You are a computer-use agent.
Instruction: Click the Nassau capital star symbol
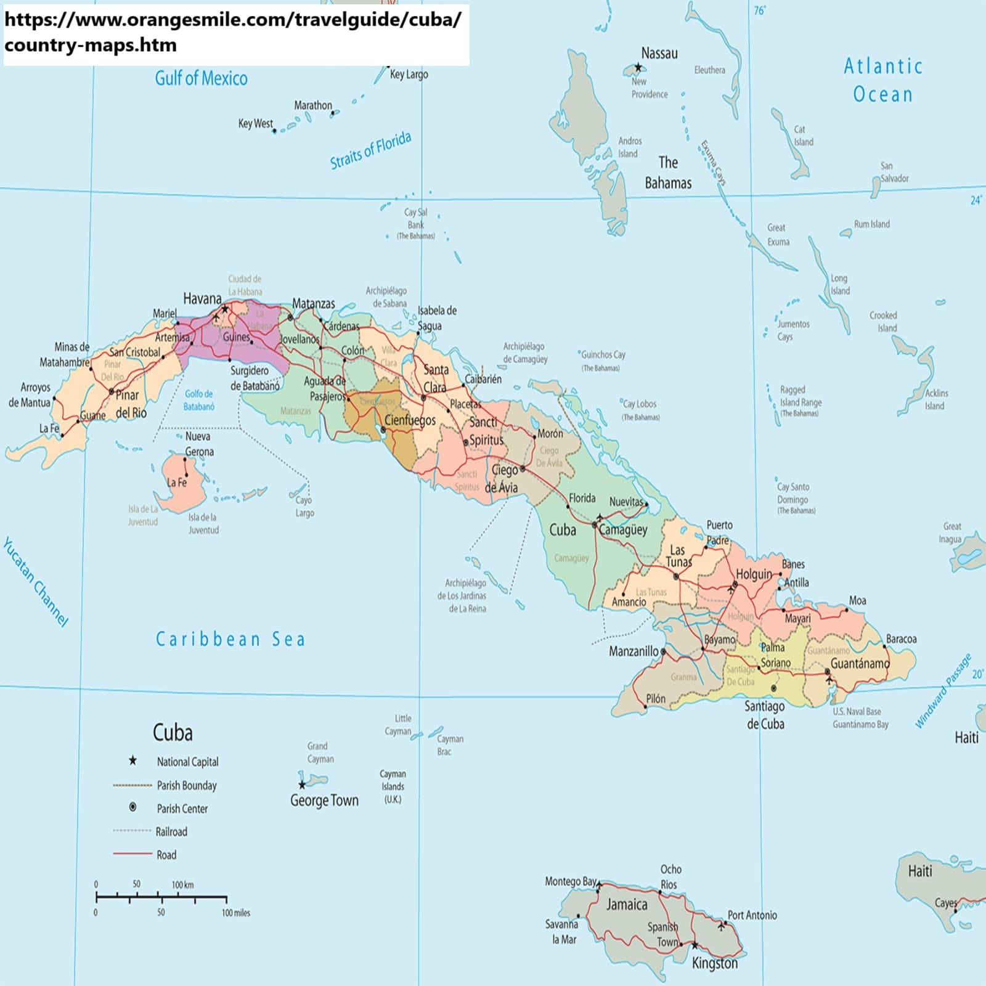click(638, 67)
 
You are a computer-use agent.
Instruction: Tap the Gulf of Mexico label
click(201, 78)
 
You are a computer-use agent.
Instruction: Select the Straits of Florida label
click(370, 150)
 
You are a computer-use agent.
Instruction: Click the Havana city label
click(202, 299)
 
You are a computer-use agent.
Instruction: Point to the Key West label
click(255, 123)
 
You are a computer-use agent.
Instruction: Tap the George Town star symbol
click(302, 785)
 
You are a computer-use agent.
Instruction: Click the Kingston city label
click(714, 963)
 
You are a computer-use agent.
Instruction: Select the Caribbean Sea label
click(230, 639)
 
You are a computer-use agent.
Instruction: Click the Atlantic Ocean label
click(882, 80)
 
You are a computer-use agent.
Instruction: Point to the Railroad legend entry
click(171, 832)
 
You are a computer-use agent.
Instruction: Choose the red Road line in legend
click(132, 854)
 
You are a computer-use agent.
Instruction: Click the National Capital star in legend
click(132, 761)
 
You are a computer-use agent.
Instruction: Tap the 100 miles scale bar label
click(235, 913)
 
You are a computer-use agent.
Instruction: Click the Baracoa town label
click(901, 639)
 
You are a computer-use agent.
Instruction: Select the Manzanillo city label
click(634, 651)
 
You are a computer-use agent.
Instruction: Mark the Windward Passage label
click(943, 691)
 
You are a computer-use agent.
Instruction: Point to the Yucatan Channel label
click(35, 582)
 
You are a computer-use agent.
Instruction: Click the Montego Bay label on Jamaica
click(570, 881)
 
